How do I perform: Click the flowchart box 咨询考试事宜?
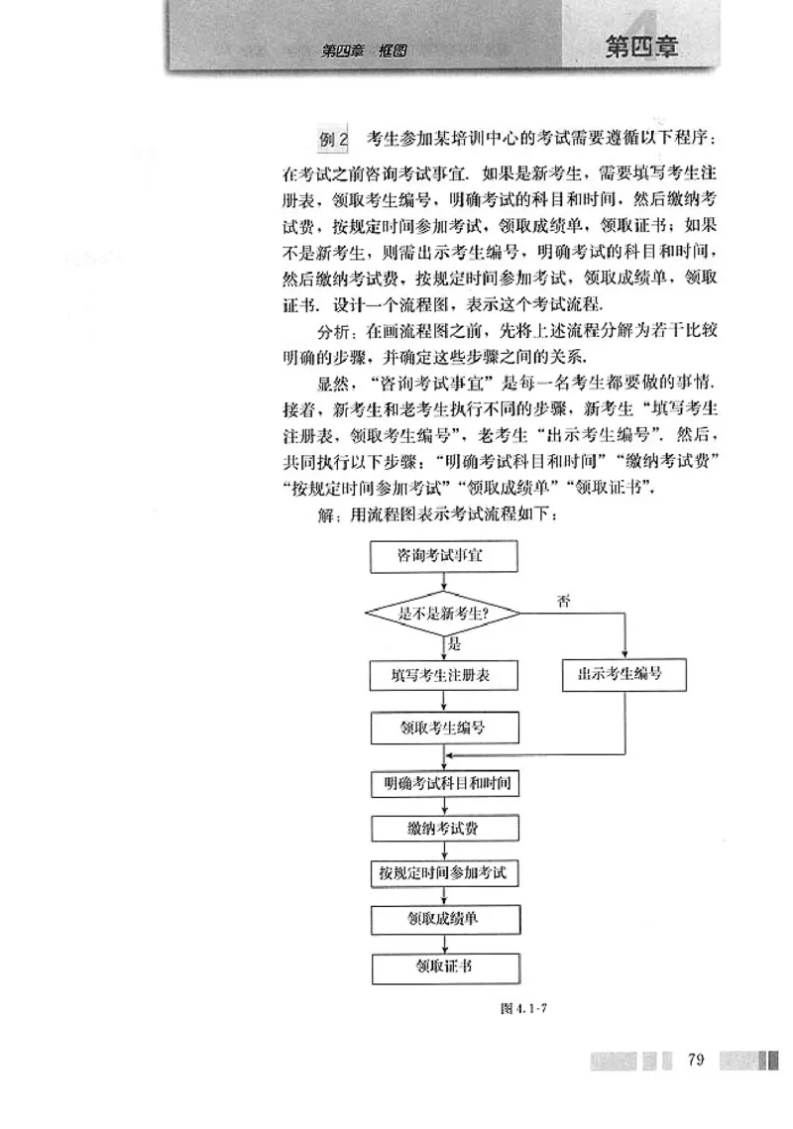tap(442, 558)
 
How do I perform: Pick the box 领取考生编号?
tap(443, 730)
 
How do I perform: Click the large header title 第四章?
tap(642, 47)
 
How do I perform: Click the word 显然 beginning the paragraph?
tap(332, 381)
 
